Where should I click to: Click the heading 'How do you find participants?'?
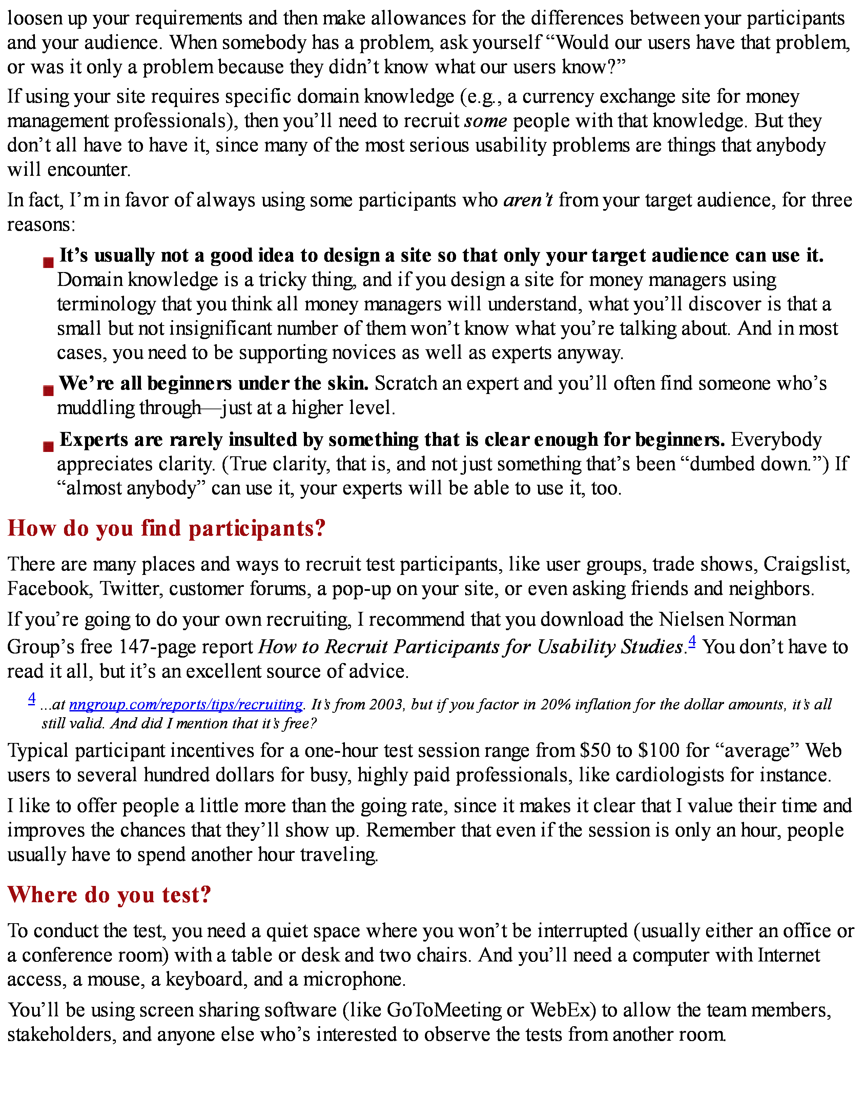click(x=166, y=528)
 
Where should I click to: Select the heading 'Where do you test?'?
click(x=109, y=895)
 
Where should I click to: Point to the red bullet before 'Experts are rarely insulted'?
click(x=48, y=447)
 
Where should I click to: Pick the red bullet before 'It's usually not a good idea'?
click(x=48, y=263)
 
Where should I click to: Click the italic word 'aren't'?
click(x=528, y=200)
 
